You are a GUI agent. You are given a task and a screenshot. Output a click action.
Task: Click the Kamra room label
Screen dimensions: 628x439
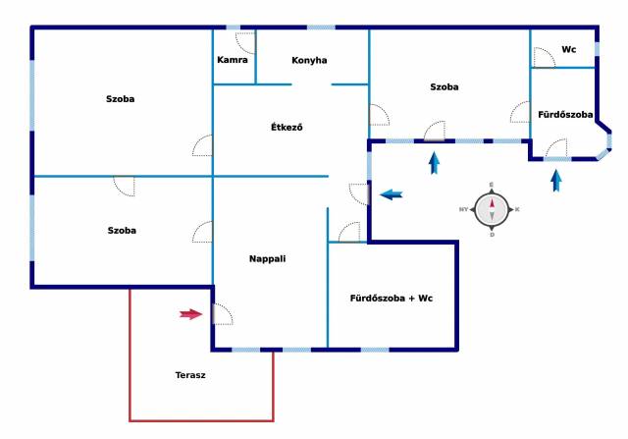pos(233,60)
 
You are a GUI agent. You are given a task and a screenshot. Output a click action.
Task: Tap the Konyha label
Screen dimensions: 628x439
pos(309,61)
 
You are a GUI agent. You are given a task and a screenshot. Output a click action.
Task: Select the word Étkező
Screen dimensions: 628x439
pos(287,127)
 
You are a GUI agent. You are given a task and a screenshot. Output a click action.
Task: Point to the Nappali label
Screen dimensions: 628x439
pos(267,259)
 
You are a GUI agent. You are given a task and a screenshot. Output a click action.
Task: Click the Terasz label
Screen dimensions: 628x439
pos(190,375)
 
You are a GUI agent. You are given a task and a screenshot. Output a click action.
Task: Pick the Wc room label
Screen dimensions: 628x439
pos(569,49)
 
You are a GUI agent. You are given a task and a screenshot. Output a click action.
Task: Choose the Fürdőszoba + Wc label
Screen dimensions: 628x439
pos(392,299)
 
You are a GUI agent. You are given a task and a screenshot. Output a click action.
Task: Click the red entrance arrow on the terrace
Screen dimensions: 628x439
pos(191,314)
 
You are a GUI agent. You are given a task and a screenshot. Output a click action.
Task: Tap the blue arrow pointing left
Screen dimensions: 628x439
pos(392,195)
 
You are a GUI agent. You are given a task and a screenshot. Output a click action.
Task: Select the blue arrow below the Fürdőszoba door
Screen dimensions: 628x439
pos(556,181)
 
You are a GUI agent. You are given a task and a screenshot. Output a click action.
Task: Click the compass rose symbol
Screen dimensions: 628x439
pos(492,209)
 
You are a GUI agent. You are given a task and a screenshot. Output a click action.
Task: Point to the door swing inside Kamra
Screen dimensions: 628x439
pos(245,42)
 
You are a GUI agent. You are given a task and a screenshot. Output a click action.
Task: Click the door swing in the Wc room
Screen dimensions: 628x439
pos(544,58)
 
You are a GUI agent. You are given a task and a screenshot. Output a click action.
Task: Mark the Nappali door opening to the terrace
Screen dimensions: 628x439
pos(223,314)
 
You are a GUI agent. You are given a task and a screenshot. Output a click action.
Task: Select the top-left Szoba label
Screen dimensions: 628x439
pos(120,99)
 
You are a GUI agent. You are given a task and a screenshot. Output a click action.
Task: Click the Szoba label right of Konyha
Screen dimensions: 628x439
pos(445,87)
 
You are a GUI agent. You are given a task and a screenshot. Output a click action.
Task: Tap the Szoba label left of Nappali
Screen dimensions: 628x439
pos(122,231)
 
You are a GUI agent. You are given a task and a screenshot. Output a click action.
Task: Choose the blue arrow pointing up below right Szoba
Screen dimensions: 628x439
pos(434,163)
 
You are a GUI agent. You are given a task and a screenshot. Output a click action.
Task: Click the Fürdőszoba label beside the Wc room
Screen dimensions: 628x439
pos(565,115)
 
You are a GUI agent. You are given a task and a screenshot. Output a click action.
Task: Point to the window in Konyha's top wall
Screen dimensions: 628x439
pos(321,27)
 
